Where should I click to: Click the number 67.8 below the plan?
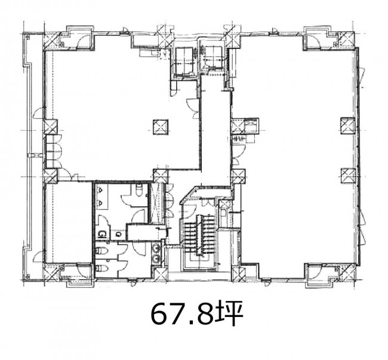point(181,314)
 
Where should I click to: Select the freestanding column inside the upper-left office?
point(161,127)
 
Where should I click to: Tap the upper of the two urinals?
point(100,190)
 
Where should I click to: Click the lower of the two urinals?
point(100,204)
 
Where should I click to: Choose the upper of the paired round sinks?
point(157,248)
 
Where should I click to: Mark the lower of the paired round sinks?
point(157,257)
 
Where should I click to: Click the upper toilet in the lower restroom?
point(102,251)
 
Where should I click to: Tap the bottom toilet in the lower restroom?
point(102,268)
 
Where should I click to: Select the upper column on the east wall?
point(347,126)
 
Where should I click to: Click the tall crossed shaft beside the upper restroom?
point(156,202)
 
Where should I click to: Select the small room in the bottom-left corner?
point(68,222)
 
